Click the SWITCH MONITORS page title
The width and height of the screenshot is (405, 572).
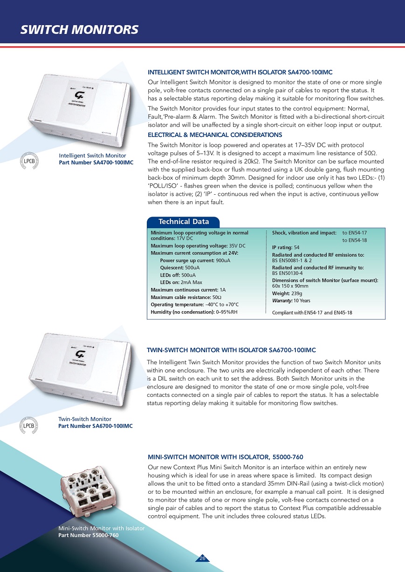click(79, 30)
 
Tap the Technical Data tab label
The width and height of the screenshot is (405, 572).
click(184, 222)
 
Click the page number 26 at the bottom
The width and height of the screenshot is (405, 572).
click(202, 558)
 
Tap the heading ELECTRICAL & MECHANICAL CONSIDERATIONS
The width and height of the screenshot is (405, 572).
click(215, 135)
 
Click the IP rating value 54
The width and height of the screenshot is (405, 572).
click(296, 247)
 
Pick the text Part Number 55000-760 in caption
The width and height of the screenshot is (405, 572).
click(89, 535)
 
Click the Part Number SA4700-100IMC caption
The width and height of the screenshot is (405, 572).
click(96, 162)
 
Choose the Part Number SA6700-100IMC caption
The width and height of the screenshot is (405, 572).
click(95, 426)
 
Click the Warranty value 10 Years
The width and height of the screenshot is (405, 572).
click(302, 300)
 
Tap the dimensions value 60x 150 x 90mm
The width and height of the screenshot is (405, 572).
click(290, 286)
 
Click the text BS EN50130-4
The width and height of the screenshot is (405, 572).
click(288, 273)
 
